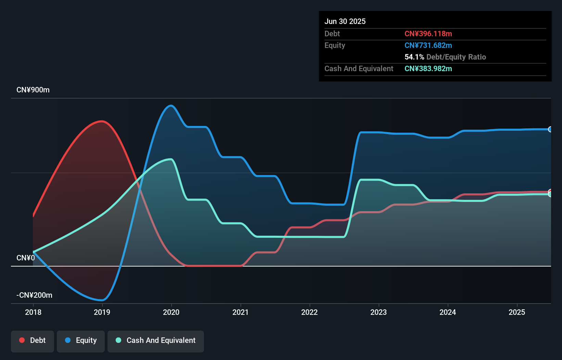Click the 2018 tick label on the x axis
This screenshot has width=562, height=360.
[33, 312]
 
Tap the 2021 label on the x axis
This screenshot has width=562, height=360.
[241, 312]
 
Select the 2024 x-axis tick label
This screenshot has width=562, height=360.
[448, 312]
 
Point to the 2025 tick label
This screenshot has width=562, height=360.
[517, 312]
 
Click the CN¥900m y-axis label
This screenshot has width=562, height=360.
[33, 90]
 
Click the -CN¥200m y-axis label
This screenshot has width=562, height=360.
[34, 295]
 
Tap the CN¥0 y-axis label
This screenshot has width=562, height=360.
[26, 258]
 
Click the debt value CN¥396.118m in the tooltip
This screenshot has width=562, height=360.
[428, 34]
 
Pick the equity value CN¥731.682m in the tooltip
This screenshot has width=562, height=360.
[428, 45]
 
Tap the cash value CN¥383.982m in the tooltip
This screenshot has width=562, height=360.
[428, 68]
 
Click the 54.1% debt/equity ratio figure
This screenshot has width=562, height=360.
[414, 57]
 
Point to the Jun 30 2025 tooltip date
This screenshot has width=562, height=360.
[345, 21]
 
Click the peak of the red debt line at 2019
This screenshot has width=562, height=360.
[102, 121]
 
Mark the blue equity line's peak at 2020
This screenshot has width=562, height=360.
[171, 105]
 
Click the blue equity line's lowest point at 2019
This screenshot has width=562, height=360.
[102, 300]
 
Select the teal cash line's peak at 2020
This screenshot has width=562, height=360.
[170, 159]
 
